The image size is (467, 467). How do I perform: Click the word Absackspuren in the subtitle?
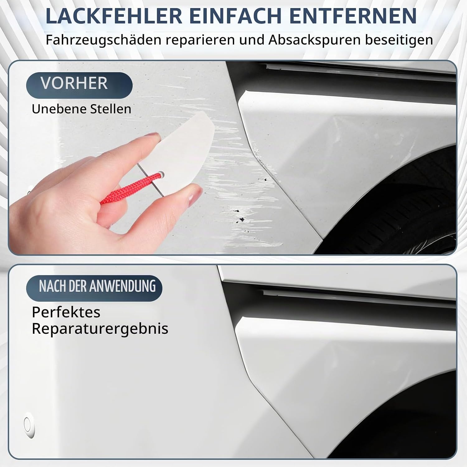314,40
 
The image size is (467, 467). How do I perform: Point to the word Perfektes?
66,312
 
